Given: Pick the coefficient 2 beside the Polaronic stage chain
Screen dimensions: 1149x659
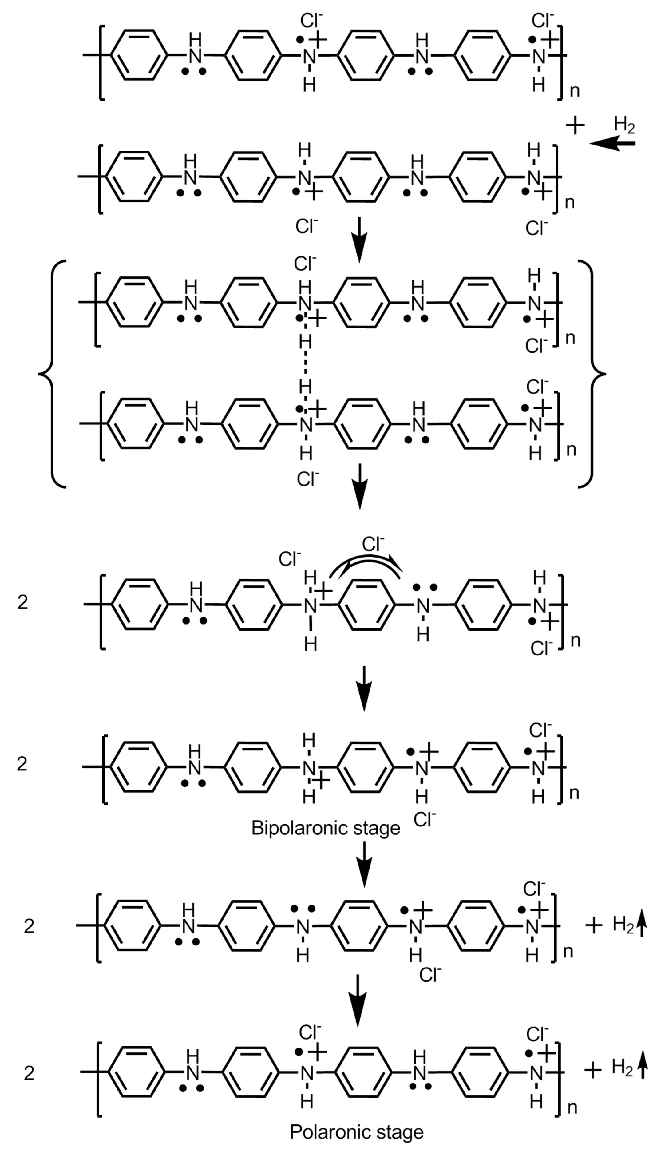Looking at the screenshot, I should point(29,1086).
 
